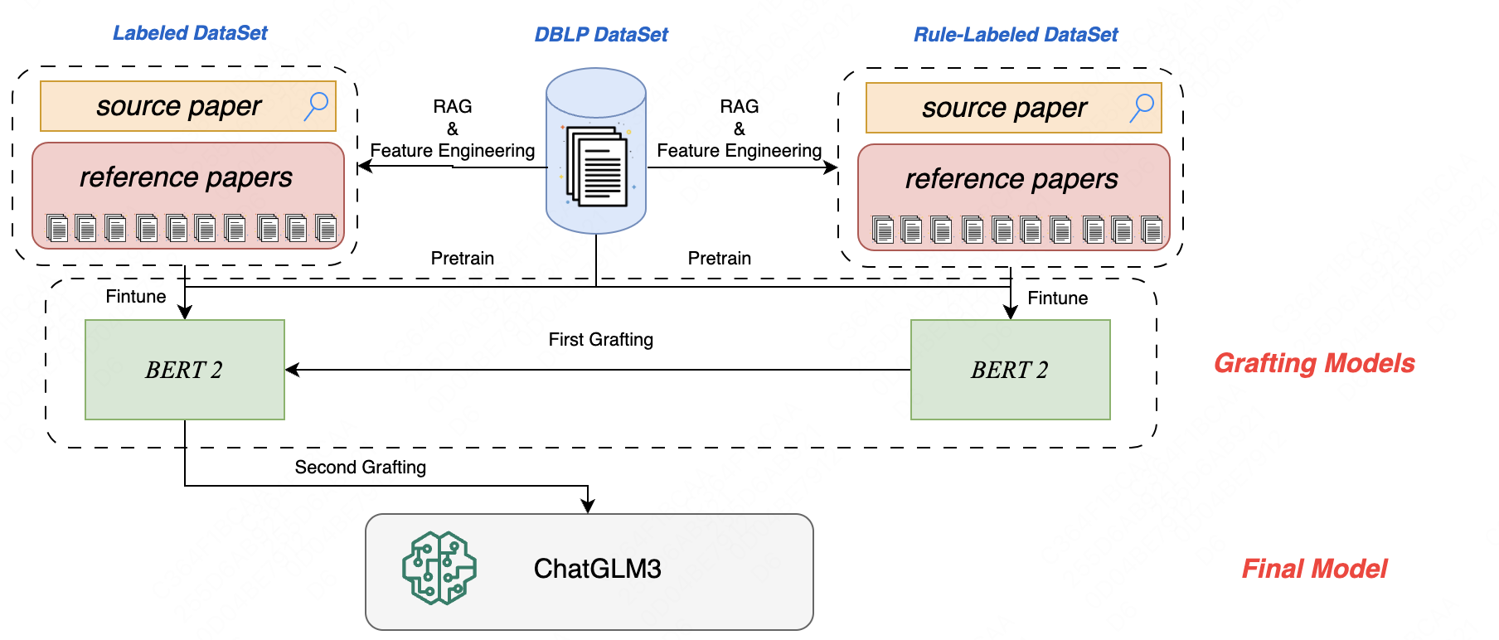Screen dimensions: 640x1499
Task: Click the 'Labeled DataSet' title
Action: click(x=190, y=33)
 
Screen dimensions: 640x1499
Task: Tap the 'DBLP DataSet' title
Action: click(x=600, y=35)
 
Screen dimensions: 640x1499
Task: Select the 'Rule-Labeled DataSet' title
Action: click(x=1016, y=35)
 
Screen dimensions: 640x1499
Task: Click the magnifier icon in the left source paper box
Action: click(x=316, y=106)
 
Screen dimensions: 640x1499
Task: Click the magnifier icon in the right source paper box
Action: click(x=1142, y=108)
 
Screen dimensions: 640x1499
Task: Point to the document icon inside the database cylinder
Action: click(x=597, y=167)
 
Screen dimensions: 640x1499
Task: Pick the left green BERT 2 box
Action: click(x=184, y=370)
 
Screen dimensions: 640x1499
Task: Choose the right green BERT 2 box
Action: click(x=1010, y=370)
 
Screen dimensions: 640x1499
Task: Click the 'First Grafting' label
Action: click(x=600, y=340)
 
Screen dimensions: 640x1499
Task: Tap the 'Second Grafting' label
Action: click(x=360, y=468)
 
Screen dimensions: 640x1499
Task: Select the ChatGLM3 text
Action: click(x=597, y=569)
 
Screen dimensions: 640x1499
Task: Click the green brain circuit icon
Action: click(x=439, y=569)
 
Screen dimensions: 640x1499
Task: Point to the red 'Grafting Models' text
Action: click(x=1314, y=363)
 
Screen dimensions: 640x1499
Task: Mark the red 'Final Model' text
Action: click(x=1314, y=569)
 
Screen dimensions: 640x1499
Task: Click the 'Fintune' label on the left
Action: click(x=135, y=297)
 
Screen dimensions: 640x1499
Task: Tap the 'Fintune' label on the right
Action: click(x=1057, y=298)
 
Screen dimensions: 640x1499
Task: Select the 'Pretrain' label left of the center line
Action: click(x=462, y=259)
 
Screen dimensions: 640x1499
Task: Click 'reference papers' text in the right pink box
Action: click(x=1011, y=179)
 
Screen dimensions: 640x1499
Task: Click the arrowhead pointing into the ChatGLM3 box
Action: click(x=588, y=507)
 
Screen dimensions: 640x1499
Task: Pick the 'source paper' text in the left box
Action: click(x=178, y=106)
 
